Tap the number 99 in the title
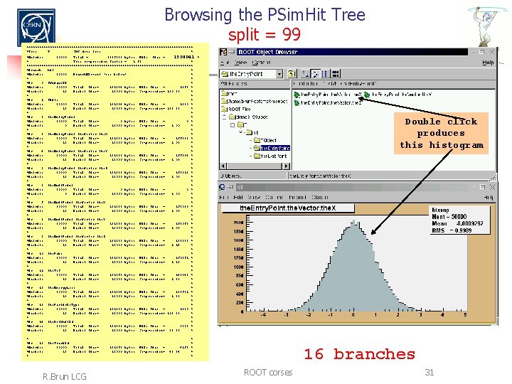click(292, 34)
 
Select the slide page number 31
click(429, 372)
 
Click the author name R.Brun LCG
click(65, 375)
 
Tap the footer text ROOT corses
click(268, 372)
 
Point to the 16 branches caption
click(359, 353)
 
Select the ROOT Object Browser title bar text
click(268, 52)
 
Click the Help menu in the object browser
click(487, 63)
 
